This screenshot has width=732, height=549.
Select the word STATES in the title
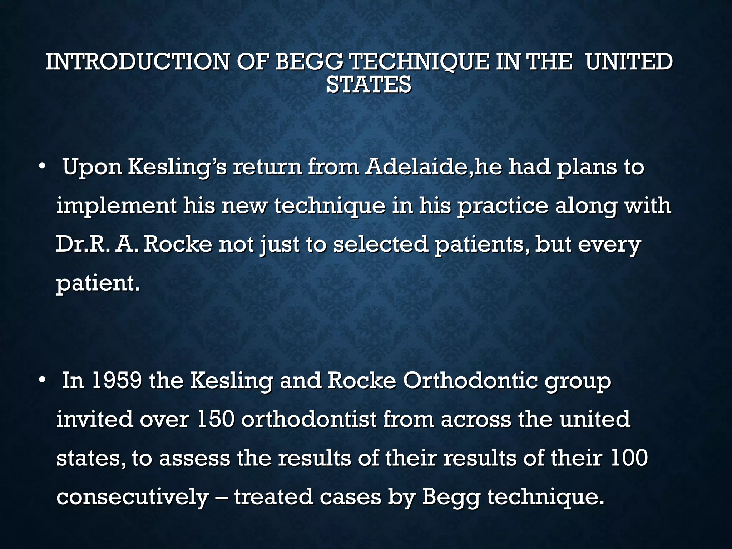tap(369, 85)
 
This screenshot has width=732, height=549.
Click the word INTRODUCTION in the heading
tap(138, 61)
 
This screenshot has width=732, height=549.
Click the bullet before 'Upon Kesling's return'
tap(43, 167)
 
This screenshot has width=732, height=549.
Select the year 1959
tap(117, 380)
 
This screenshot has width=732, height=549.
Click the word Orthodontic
tap(470, 380)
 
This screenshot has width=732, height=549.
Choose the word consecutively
tap(133, 497)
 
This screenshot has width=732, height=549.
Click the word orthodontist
tap(309, 419)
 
